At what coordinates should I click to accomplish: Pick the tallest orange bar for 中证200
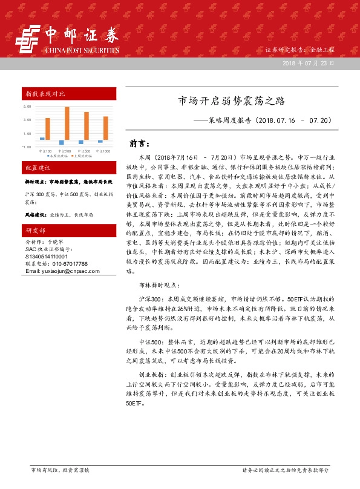point(67,123)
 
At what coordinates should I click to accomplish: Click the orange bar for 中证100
point(47,128)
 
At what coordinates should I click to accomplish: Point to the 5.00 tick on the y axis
point(27,106)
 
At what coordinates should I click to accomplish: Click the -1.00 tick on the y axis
point(26,147)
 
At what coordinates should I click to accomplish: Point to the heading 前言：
point(139,144)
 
